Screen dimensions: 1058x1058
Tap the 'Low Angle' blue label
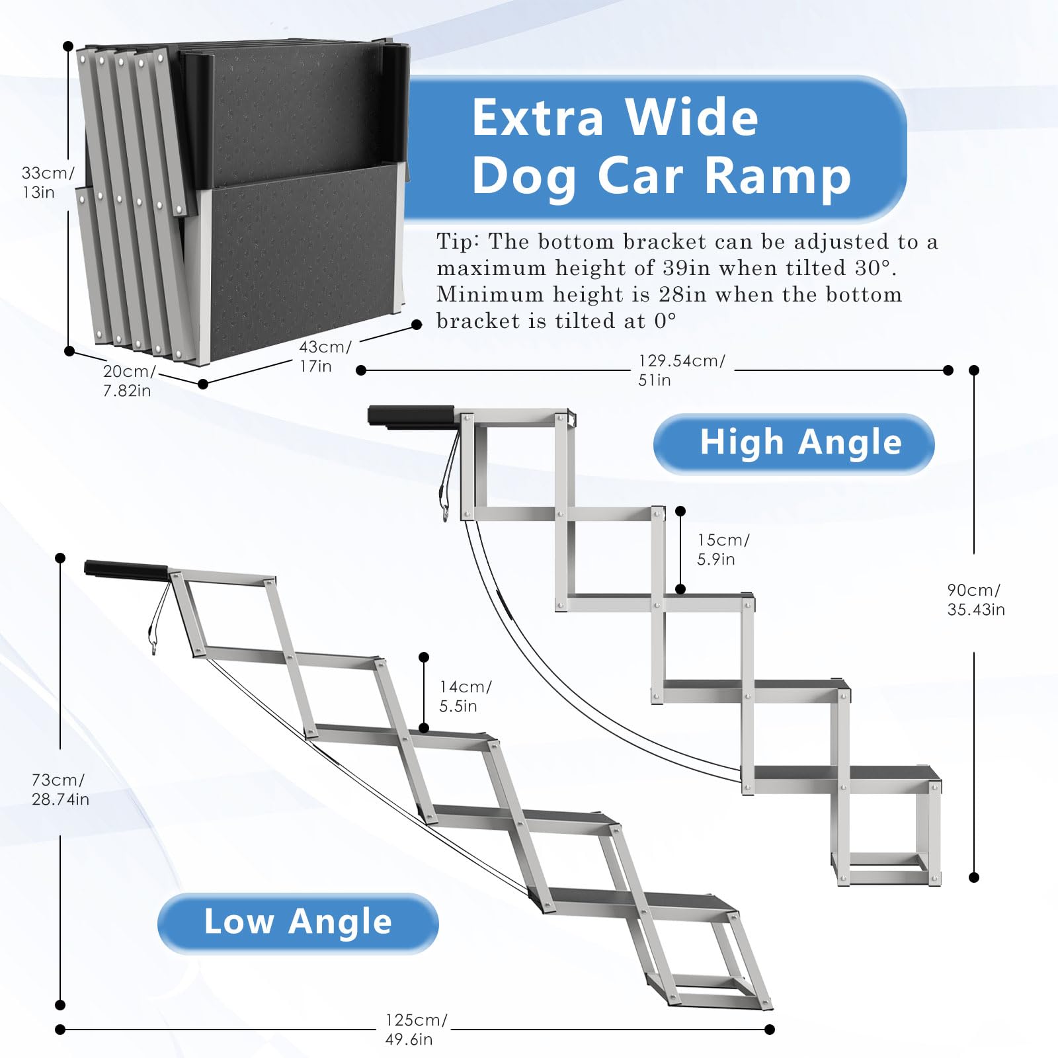(298, 922)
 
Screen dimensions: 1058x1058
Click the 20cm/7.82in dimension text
(128, 382)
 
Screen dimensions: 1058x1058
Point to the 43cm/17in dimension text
(324, 356)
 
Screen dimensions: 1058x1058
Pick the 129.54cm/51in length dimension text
(681, 370)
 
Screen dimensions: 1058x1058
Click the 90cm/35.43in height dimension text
(975, 600)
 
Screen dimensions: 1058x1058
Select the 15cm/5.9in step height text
(723, 549)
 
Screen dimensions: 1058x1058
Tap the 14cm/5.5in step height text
(465, 696)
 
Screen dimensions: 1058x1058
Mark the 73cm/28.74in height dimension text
(60, 790)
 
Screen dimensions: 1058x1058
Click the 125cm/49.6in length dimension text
(415, 1030)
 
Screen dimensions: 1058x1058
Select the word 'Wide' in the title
(691, 118)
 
